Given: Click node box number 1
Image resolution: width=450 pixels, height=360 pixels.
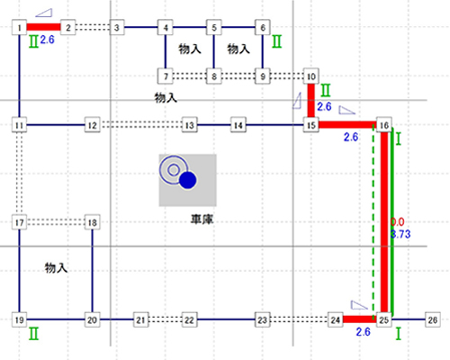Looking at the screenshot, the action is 19,27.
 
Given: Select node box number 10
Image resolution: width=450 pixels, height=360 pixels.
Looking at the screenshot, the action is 311,76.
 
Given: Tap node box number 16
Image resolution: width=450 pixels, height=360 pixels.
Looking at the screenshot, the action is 384,125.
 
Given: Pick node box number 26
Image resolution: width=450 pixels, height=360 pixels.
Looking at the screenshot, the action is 433,319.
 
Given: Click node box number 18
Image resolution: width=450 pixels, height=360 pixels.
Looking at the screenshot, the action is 92,222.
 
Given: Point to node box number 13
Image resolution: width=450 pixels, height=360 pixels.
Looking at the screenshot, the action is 190,125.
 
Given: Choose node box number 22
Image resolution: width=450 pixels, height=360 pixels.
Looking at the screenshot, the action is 190,319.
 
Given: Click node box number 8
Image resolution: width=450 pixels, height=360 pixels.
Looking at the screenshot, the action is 214,76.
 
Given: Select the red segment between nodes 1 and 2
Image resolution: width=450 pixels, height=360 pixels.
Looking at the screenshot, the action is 44,27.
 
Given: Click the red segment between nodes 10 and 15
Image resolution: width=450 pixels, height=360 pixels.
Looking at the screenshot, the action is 311,101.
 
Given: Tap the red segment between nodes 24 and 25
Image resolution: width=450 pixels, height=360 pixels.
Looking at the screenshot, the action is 360,319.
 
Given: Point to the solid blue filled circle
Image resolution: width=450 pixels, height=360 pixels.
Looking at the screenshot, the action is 188,180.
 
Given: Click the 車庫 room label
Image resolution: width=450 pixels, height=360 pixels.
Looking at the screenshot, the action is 202,220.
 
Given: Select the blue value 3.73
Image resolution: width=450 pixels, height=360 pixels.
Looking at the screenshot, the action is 400,234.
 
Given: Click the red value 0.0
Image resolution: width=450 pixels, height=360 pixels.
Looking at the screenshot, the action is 398,222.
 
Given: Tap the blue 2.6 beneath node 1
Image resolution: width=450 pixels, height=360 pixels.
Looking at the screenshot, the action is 48,40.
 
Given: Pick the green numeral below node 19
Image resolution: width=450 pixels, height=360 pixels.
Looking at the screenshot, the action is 33,334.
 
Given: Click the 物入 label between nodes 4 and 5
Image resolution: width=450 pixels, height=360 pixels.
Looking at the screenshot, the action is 190,49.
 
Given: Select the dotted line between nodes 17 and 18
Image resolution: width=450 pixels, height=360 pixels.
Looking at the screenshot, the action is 56,222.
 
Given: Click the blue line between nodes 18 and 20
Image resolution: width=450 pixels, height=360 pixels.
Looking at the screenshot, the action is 92,271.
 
